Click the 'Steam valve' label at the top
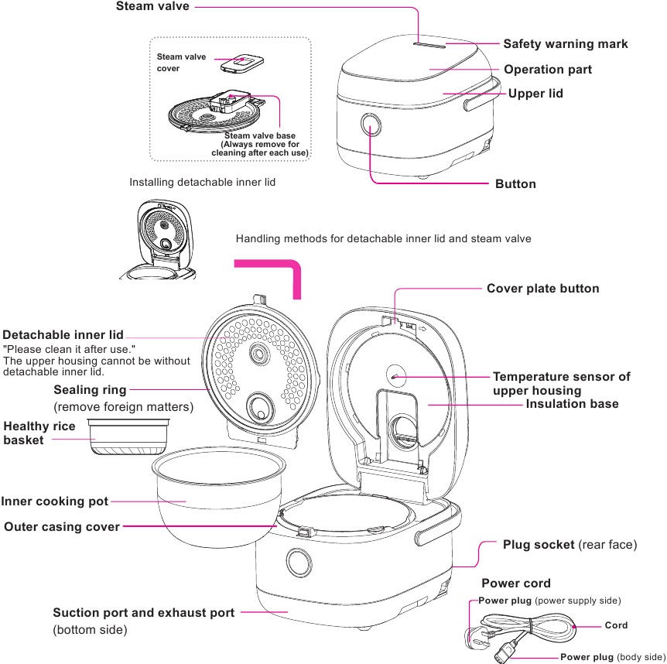[152, 7]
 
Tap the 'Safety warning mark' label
[565, 44]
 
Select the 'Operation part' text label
[548, 70]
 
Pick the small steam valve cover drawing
[240, 63]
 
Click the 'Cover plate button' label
[542, 289]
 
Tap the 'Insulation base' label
[572, 404]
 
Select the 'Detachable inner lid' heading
[63, 335]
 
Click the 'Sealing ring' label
[90, 390]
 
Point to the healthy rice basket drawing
[128, 437]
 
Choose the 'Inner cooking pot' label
[55, 501]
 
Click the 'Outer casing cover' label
[62, 527]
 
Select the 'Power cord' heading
[516, 584]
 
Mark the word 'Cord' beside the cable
[616, 625]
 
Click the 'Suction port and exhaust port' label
[143, 613]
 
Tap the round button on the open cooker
[297, 561]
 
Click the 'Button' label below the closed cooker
[515, 184]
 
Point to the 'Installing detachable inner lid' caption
[202, 183]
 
